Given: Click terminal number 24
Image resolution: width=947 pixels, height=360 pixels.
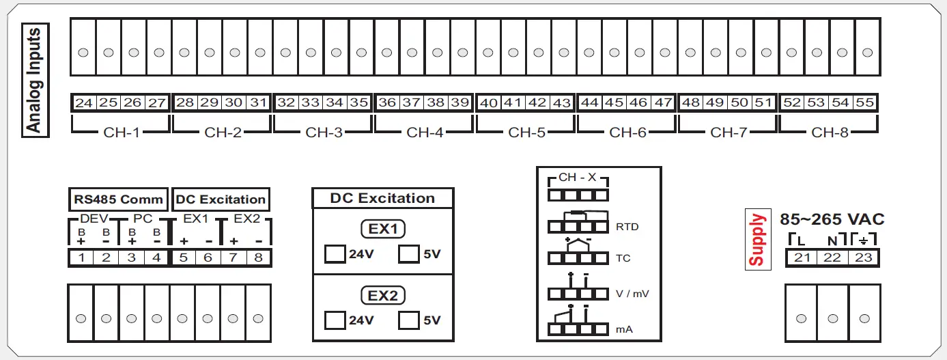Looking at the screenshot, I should (84, 103).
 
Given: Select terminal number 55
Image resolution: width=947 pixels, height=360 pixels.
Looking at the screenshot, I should (864, 103).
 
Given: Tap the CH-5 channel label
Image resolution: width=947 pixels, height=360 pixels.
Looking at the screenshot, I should (526, 133).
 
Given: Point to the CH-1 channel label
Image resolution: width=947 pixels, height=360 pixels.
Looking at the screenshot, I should (121, 133).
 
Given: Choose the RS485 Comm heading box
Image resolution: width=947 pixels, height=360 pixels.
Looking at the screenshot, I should (119, 199).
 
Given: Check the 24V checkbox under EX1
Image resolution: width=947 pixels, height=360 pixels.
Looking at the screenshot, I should (335, 254).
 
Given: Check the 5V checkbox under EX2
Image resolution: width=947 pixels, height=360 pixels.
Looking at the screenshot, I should (408, 320).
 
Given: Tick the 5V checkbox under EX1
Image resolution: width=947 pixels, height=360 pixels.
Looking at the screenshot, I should (408, 254).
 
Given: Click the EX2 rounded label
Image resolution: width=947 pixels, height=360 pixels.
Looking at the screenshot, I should (383, 296).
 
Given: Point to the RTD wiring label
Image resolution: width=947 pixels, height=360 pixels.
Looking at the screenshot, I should (627, 227).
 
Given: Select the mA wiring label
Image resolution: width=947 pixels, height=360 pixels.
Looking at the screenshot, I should (624, 329).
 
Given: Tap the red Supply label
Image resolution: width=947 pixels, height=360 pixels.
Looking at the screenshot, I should (757, 240).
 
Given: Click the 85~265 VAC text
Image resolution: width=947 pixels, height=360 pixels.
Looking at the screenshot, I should (832, 220).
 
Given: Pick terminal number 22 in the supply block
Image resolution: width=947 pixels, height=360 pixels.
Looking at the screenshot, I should (832, 258).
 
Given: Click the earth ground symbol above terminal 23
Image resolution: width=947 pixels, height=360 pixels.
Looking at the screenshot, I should (864, 240).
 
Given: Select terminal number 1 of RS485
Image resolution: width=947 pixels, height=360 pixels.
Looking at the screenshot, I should (81, 258).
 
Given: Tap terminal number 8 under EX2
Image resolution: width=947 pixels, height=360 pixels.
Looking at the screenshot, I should (258, 258).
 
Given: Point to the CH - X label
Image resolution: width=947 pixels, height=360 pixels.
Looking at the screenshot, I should (577, 178).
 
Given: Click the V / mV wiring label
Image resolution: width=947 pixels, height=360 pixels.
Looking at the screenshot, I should (632, 294).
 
